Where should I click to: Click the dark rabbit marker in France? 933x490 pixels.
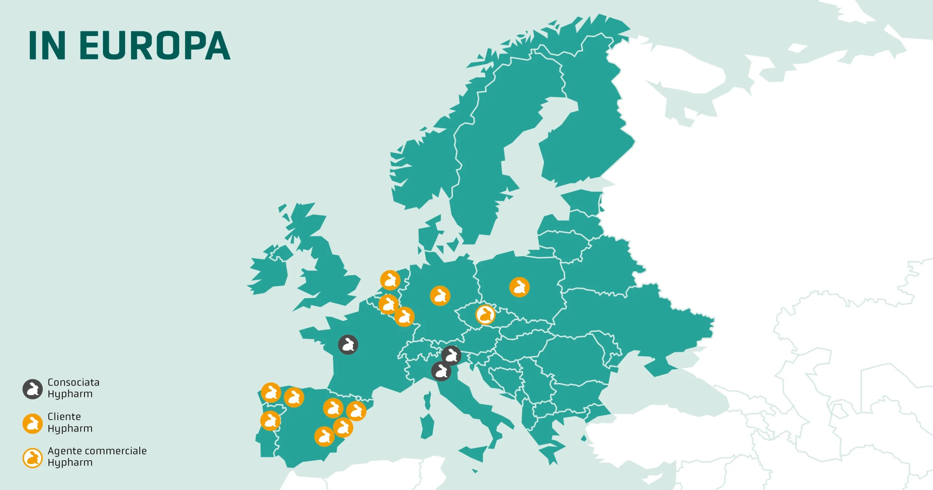tap(348, 344)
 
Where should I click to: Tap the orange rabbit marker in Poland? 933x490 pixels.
tap(519, 287)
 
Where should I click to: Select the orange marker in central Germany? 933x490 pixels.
tap(440, 296)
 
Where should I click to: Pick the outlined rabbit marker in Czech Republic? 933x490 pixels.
tap(485, 314)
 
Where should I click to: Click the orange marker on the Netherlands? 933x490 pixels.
tap(390, 280)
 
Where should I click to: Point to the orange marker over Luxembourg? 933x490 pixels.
tap(405, 317)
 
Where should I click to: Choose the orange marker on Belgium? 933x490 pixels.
tap(389, 304)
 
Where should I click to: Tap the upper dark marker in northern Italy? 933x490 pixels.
tap(451, 355)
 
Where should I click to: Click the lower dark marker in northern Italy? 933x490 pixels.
tap(441, 371)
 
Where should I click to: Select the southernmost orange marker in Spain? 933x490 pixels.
tap(324, 436)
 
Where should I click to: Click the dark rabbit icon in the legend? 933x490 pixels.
tap(33, 389)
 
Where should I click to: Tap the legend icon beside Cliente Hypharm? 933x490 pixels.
tap(33, 423)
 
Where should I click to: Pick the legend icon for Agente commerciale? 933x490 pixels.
tap(33, 458)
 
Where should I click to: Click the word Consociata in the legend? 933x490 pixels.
tap(74, 382)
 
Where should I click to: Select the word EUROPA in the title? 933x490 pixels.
tap(155, 46)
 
